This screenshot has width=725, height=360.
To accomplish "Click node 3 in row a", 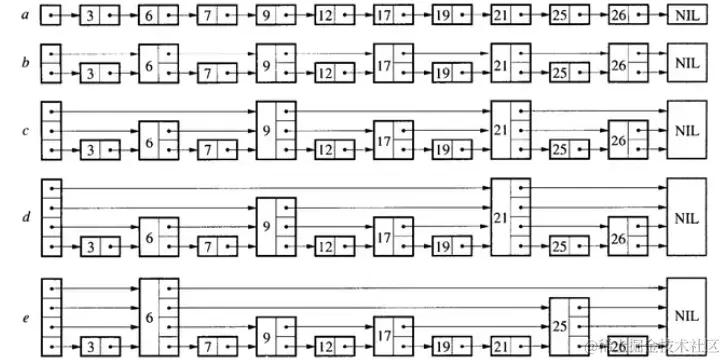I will tap(99, 17).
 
